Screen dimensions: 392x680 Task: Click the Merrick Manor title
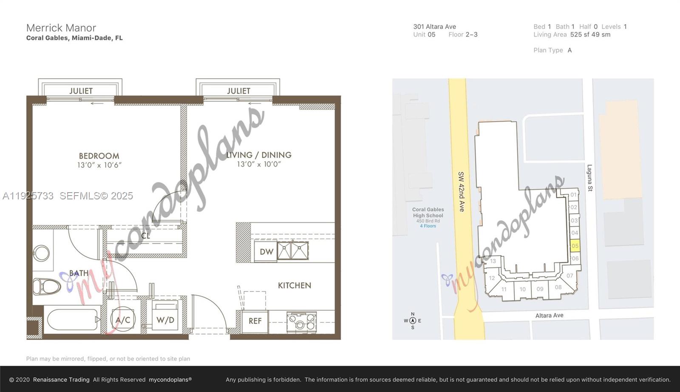pyautogui.click(x=61, y=28)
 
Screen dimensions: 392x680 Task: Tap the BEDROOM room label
pyautogui.click(x=99, y=156)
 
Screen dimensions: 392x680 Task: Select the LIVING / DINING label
pyautogui.click(x=258, y=155)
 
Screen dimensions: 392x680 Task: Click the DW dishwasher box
pyautogui.click(x=266, y=252)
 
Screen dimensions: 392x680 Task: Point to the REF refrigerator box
pyautogui.click(x=255, y=321)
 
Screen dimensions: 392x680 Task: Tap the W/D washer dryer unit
pyautogui.click(x=165, y=320)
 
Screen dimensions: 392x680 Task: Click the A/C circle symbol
pyautogui.click(x=123, y=320)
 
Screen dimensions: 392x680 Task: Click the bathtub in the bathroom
pyautogui.click(x=72, y=319)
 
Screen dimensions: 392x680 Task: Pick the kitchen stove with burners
pyautogui.click(x=301, y=322)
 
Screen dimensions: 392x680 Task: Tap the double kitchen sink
pyautogui.click(x=293, y=251)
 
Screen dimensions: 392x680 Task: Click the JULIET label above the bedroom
pyautogui.click(x=81, y=91)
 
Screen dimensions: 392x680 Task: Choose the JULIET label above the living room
pyautogui.click(x=238, y=91)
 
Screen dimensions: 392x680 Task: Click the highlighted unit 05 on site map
pyautogui.click(x=575, y=246)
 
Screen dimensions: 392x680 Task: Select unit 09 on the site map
pyautogui.click(x=540, y=289)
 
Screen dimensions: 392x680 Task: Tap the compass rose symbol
pyautogui.click(x=412, y=321)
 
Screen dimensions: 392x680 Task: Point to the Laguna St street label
pyautogui.click(x=589, y=178)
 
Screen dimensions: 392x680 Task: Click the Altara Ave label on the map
pyautogui.click(x=549, y=315)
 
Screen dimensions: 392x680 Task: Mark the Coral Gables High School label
pyautogui.click(x=428, y=213)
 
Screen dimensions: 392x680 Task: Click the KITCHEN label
pyautogui.click(x=295, y=285)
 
